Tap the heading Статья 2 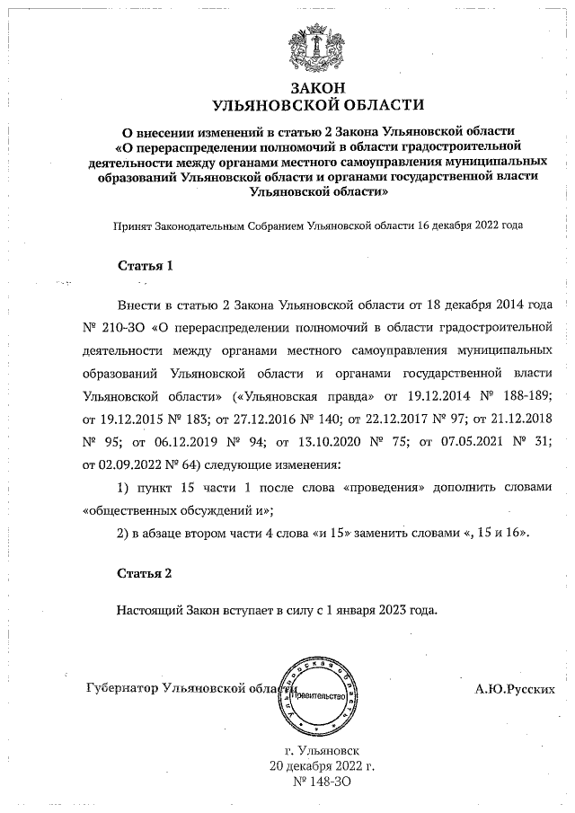click(145, 572)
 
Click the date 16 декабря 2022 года click(470, 225)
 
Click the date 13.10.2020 click(317, 442)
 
